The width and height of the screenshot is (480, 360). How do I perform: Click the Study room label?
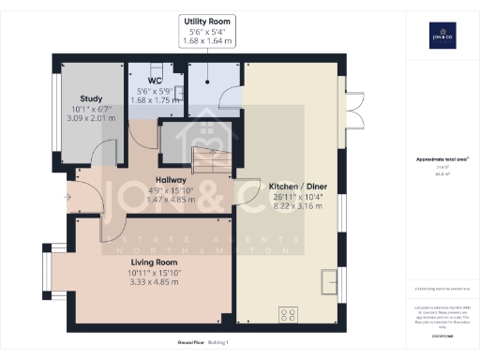point(91,97)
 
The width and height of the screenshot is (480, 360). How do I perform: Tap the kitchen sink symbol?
point(330,280)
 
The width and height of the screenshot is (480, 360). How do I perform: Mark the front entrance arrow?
point(66,197)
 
